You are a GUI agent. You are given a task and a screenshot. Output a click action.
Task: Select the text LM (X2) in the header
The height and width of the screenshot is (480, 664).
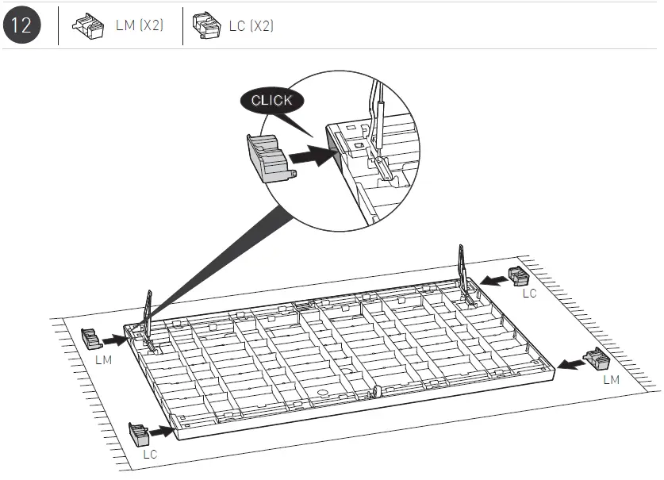(140, 25)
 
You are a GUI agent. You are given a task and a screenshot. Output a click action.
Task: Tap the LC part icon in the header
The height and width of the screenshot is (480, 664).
(206, 25)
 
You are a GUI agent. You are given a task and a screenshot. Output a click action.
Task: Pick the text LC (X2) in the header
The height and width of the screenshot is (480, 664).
(251, 25)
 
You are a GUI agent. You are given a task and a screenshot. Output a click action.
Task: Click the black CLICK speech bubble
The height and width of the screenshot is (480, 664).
(271, 101)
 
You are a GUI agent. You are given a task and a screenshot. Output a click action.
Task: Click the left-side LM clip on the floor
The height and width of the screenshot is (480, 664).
(91, 340)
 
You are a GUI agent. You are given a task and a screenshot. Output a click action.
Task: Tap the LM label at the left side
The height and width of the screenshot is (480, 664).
(103, 359)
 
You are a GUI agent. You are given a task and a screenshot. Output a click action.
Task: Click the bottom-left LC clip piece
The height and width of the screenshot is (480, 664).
(139, 434)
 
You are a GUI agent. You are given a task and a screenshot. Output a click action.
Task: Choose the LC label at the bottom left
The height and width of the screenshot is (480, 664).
(150, 455)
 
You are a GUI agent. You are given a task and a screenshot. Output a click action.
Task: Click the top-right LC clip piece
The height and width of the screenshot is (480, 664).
(518, 276)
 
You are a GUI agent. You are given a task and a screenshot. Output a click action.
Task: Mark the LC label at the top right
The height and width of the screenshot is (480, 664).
(529, 294)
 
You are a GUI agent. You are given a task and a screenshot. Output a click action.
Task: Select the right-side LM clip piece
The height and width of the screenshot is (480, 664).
(596, 359)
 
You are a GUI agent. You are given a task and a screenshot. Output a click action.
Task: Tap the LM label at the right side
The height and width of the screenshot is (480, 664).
(610, 380)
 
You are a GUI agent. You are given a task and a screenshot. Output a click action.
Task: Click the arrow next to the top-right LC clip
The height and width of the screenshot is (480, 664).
(494, 279)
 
